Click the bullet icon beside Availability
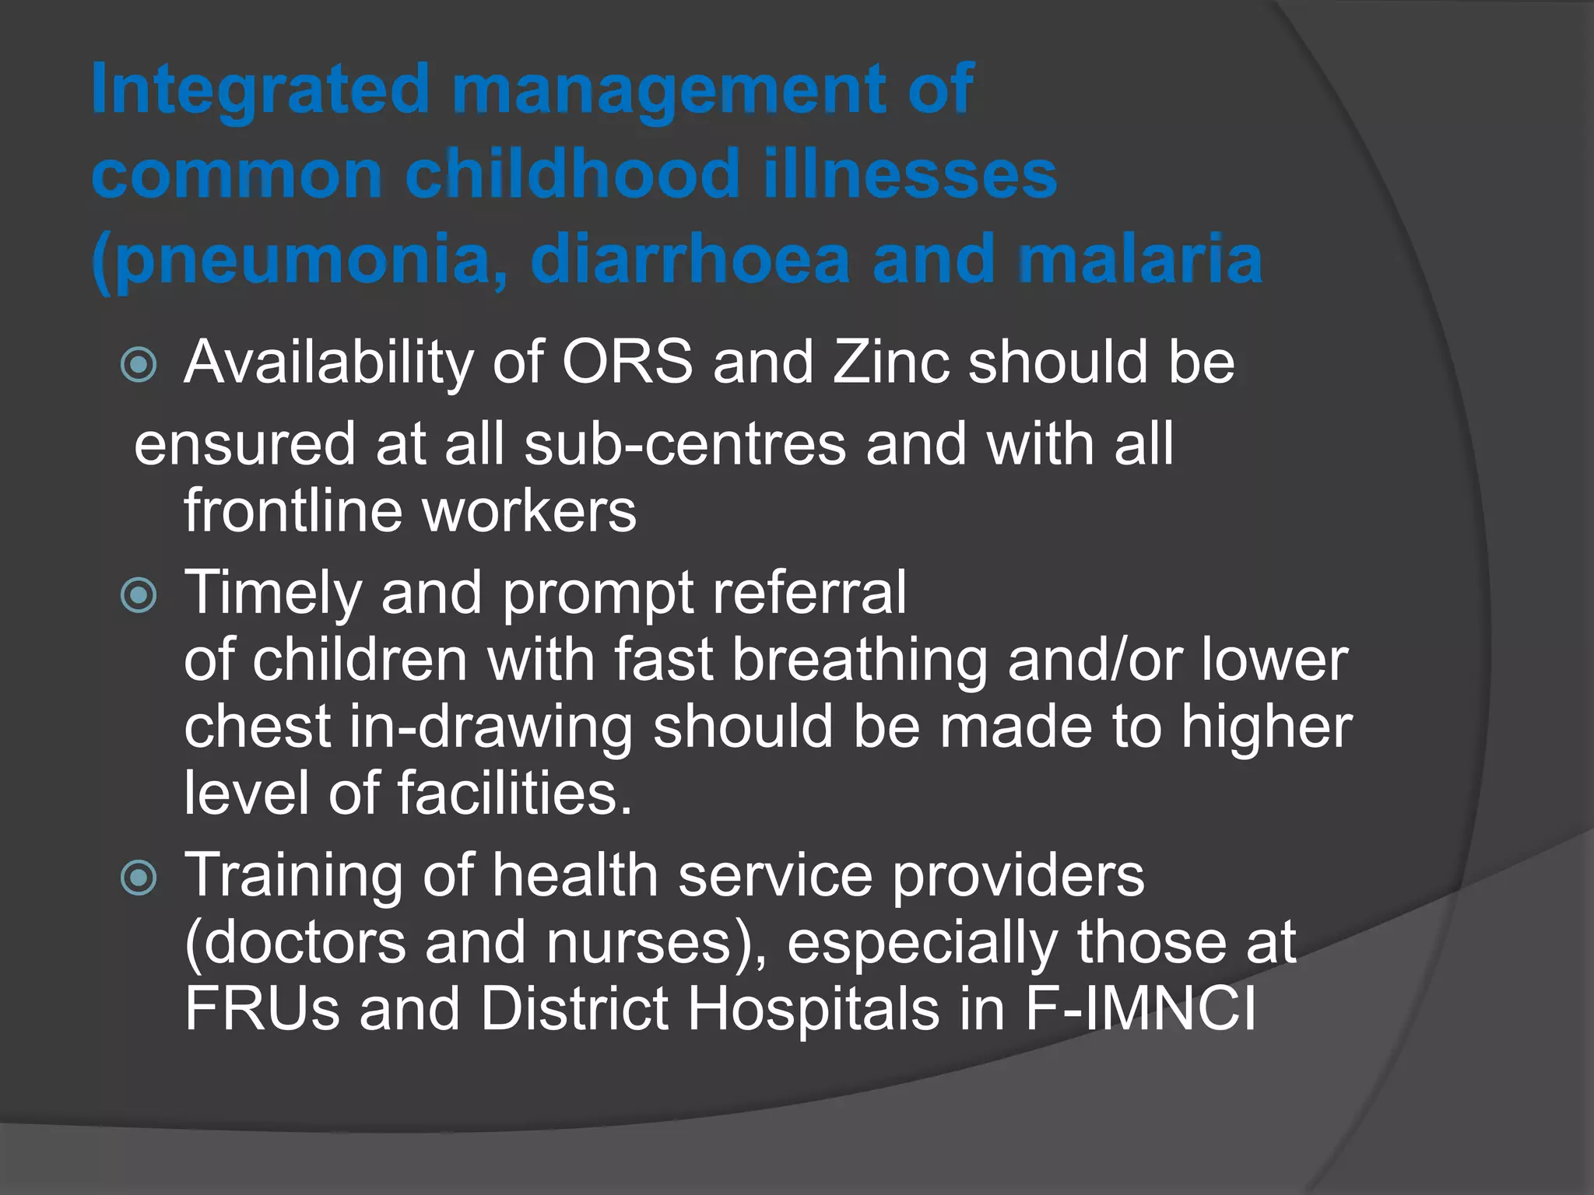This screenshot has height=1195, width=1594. (139, 364)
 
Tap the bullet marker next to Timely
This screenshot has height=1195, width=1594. (139, 595)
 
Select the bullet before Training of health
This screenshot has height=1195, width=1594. (139, 878)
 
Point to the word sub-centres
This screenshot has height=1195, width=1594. (685, 444)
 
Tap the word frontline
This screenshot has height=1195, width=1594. (293, 511)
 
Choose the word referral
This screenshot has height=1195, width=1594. (809, 593)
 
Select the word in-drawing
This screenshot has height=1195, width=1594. (490, 728)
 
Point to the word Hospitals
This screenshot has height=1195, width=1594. (813, 1010)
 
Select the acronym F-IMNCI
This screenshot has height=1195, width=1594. (1140, 1010)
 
